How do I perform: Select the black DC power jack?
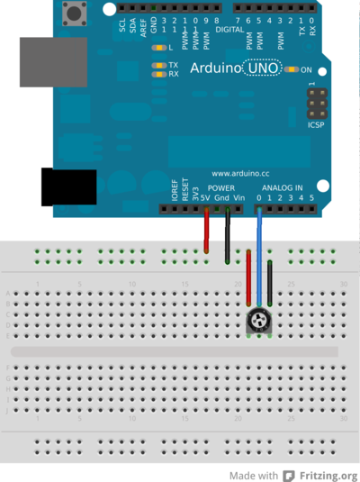pos(68,186)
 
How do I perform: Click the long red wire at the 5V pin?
pos(207,234)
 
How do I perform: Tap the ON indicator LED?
pos(291,69)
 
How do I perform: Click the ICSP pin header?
pos(315,108)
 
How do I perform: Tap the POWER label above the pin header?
pos(220,187)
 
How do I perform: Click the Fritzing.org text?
pos(328,475)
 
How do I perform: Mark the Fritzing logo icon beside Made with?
pos(289,475)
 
